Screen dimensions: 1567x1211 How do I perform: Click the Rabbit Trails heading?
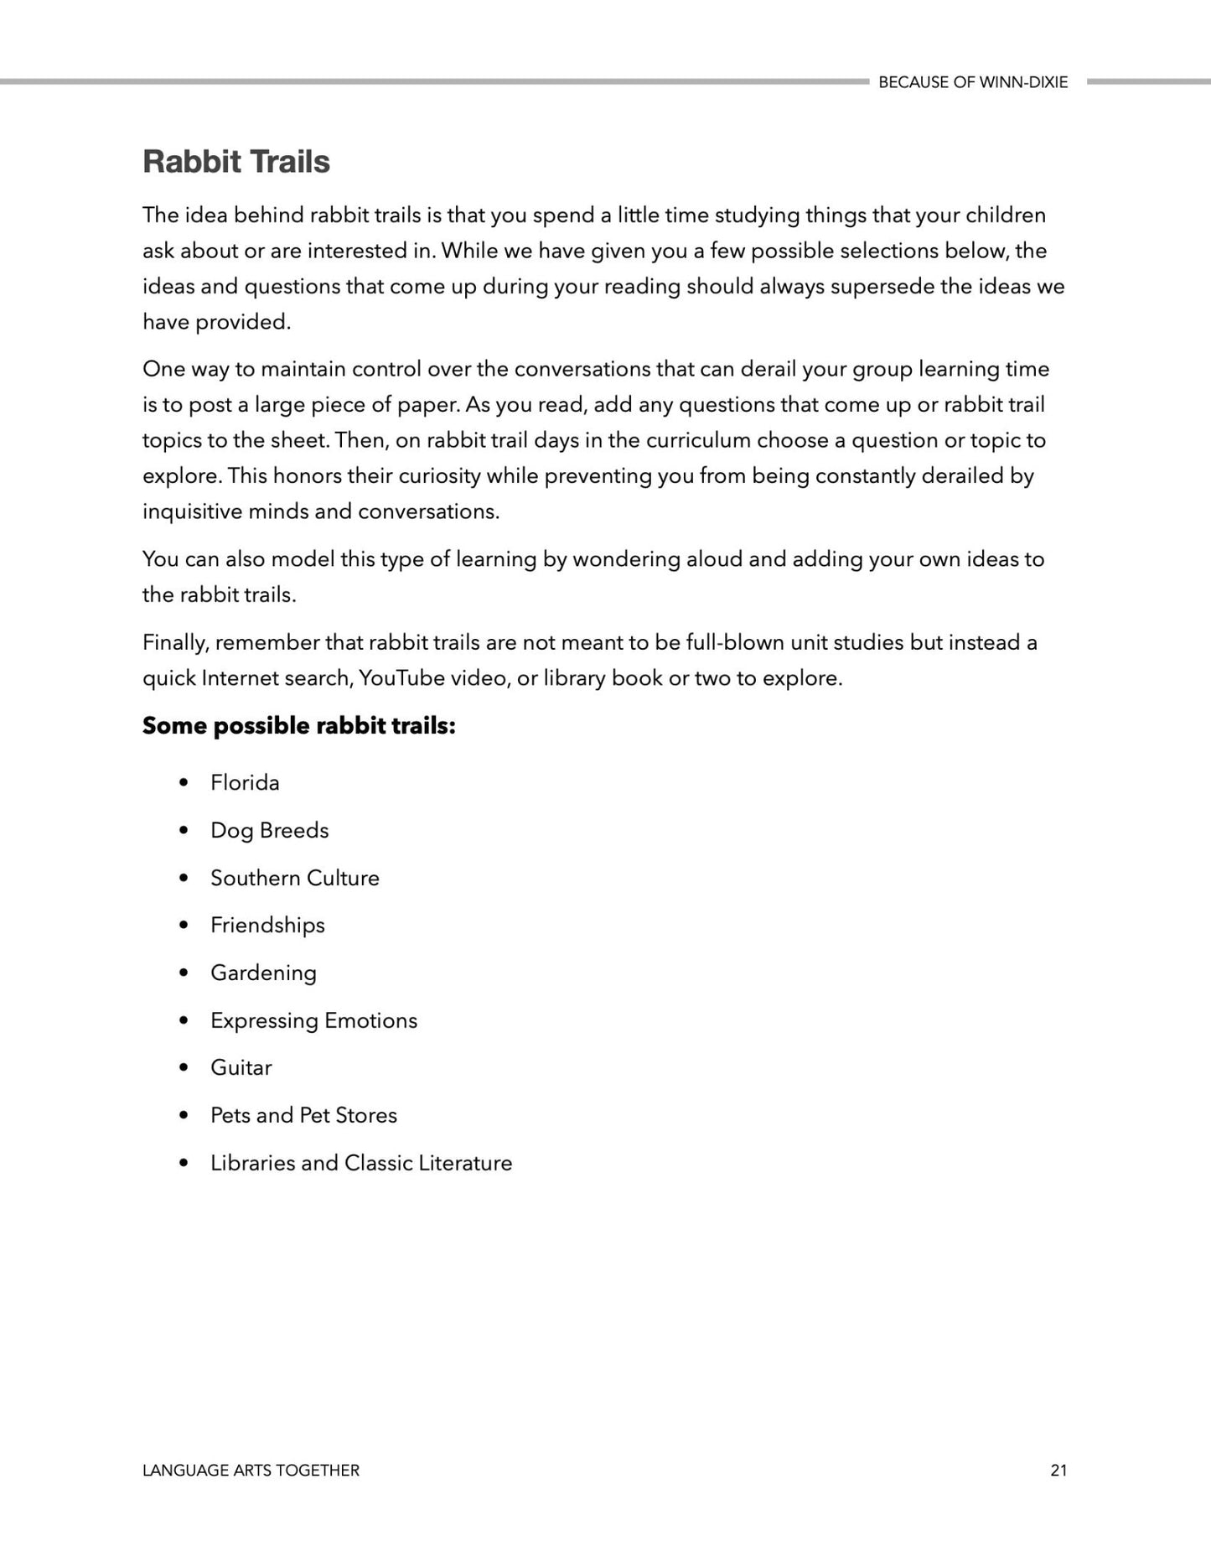tap(236, 162)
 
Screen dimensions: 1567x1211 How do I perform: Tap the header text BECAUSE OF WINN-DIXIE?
tap(973, 82)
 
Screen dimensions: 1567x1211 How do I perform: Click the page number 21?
tap(1058, 1470)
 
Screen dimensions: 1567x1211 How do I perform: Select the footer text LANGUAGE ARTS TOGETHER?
tap(251, 1470)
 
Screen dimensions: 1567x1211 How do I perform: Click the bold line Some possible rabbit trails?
tap(298, 725)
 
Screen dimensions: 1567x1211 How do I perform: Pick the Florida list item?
tap(245, 782)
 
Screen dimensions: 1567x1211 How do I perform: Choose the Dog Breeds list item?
tap(269, 830)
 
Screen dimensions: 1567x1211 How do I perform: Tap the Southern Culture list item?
tap(294, 878)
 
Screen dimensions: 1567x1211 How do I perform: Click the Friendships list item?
tap(267, 925)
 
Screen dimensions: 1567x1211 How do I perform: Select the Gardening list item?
tap(263, 973)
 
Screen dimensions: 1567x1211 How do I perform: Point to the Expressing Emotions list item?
tap(313, 1020)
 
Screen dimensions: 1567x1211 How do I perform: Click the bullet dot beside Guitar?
tap(184, 1068)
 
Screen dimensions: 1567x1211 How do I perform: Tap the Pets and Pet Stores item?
tap(303, 1115)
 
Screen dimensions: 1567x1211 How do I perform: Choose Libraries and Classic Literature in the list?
tap(360, 1163)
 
